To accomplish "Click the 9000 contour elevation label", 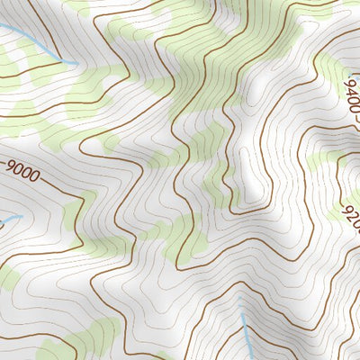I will tap(22, 171).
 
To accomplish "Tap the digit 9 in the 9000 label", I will tap(10, 166).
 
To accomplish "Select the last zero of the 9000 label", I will tap(35, 177).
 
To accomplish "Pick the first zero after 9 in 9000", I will tap(18, 169).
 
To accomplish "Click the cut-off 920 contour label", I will tap(351, 211).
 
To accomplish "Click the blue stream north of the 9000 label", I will tap(36, 45).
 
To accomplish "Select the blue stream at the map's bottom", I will tap(246, 333).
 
